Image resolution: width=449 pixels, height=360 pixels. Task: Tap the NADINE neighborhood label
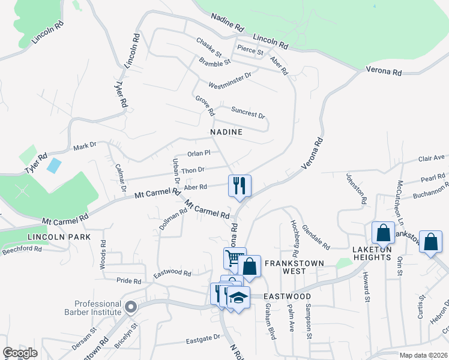tap(226, 132)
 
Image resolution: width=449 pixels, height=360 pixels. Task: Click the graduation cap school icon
tap(238, 298)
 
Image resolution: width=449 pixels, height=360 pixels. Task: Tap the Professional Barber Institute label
tap(98, 308)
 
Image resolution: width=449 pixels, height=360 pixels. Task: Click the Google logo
tap(20, 353)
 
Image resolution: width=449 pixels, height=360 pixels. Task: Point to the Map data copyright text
tap(423, 355)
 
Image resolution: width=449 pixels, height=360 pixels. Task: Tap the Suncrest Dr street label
tap(248, 114)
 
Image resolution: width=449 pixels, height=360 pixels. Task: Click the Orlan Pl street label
tap(199, 153)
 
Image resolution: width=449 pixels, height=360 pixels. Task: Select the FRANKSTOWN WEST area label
tap(295, 268)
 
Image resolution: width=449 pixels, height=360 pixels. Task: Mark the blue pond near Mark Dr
tap(53, 166)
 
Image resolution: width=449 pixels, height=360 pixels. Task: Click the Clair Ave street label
tap(432, 158)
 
